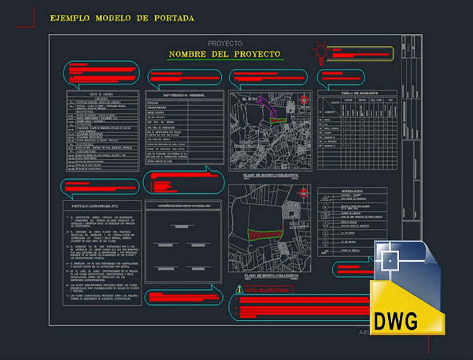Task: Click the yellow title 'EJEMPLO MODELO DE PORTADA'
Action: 122,18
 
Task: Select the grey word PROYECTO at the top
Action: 225,44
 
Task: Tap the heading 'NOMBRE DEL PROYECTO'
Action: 225,54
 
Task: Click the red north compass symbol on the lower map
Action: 302,194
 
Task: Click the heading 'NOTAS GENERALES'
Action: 95,206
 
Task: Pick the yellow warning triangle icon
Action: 238,289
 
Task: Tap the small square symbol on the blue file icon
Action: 389,260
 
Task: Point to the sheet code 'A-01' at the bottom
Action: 365,332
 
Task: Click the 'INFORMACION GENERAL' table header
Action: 184,95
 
